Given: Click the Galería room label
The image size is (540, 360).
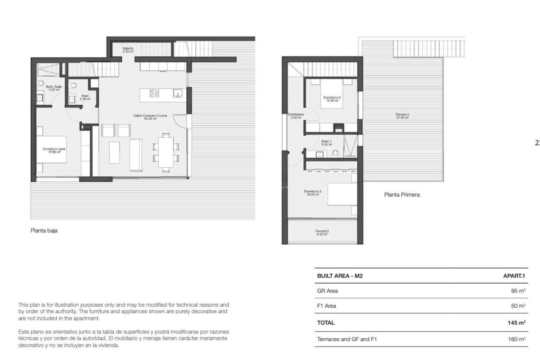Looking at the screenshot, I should click(x=128, y=50).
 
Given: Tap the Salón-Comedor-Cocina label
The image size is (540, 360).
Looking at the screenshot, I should click(x=150, y=117).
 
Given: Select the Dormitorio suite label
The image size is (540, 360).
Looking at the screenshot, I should click(x=54, y=150).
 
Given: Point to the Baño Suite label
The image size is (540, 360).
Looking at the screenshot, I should click(x=54, y=88).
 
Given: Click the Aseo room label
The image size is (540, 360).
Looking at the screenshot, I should click(x=85, y=97).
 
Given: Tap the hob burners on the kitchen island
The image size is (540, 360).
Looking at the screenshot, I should click(x=154, y=93).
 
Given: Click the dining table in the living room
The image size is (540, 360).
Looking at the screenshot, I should click(x=166, y=152).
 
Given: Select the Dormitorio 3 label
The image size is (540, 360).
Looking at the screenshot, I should click(x=332, y=99).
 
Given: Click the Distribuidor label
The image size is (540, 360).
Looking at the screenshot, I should click(x=296, y=116).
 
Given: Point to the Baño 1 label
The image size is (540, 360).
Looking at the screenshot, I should click(x=327, y=143).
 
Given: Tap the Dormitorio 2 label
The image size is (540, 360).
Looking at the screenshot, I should click(x=313, y=193).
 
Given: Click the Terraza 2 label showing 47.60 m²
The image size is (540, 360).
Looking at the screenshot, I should click(x=402, y=116).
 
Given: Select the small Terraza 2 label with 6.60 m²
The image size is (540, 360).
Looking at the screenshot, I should click(x=322, y=232).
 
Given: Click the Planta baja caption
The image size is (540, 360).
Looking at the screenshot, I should click(x=44, y=231).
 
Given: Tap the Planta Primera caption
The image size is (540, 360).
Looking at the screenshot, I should click(x=402, y=195).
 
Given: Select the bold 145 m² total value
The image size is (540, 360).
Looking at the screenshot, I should click(x=516, y=323).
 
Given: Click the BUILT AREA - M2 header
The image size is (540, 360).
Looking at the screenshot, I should click(x=340, y=276).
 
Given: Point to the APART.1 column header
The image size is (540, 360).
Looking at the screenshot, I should click(x=514, y=276).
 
